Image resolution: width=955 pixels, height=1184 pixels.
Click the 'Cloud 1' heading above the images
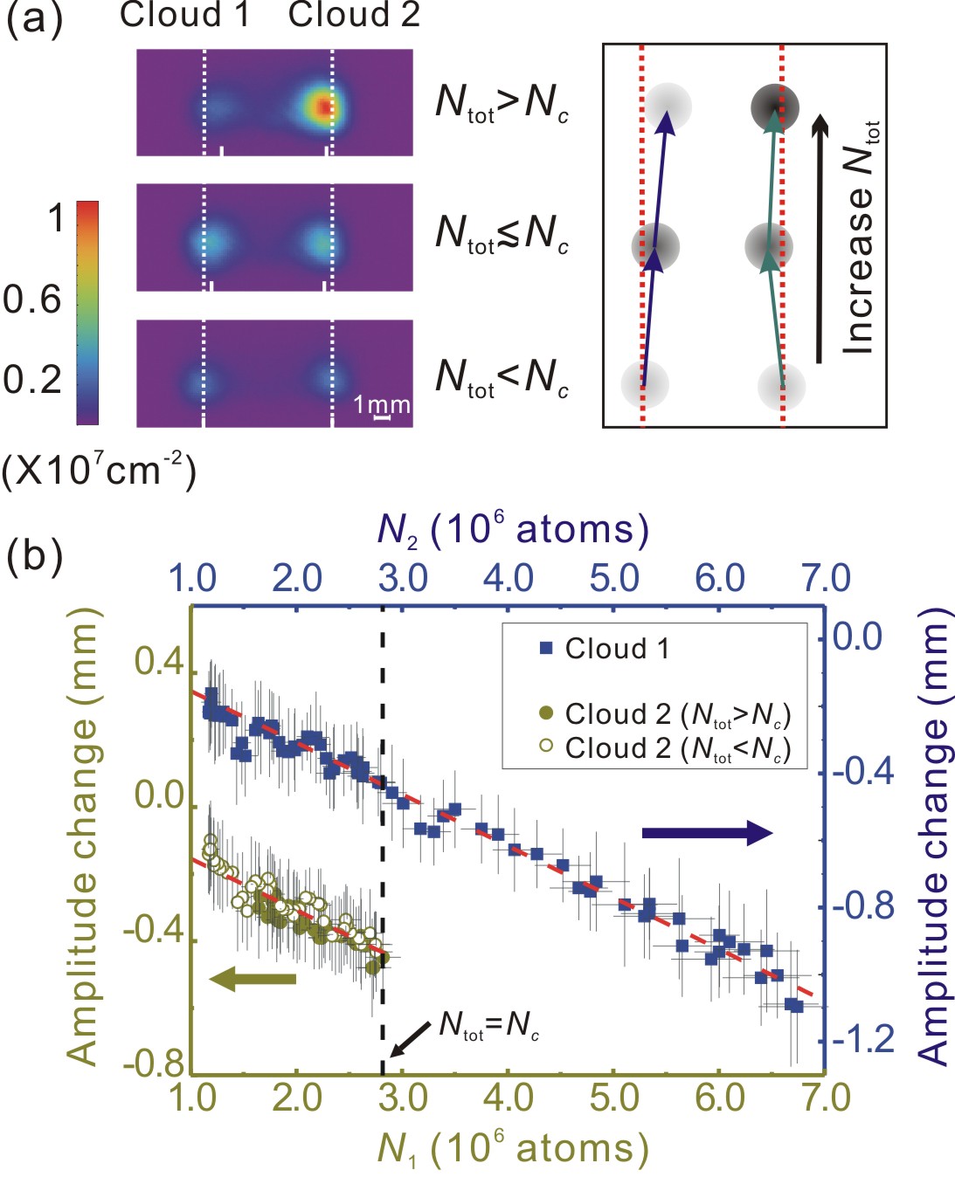(x=184, y=15)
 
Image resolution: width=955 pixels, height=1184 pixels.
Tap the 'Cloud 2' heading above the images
(x=354, y=15)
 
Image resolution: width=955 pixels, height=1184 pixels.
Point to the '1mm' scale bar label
(x=382, y=405)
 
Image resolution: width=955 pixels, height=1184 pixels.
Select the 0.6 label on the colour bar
(x=32, y=300)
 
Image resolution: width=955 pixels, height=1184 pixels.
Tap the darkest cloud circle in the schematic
(x=774, y=107)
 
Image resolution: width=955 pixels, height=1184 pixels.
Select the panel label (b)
(x=35, y=556)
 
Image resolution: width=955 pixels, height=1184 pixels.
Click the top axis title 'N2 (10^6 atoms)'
(x=513, y=530)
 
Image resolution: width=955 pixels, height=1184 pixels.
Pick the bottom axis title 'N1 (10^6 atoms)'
(x=513, y=1149)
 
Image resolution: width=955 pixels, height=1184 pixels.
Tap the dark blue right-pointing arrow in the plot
(x=707, y=833)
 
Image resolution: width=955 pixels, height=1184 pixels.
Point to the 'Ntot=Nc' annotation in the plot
(x=488, y=1025)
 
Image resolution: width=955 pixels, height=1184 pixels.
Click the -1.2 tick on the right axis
(x=863, y=1039)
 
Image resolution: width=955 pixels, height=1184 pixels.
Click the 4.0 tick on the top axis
(x=509, y=578)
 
